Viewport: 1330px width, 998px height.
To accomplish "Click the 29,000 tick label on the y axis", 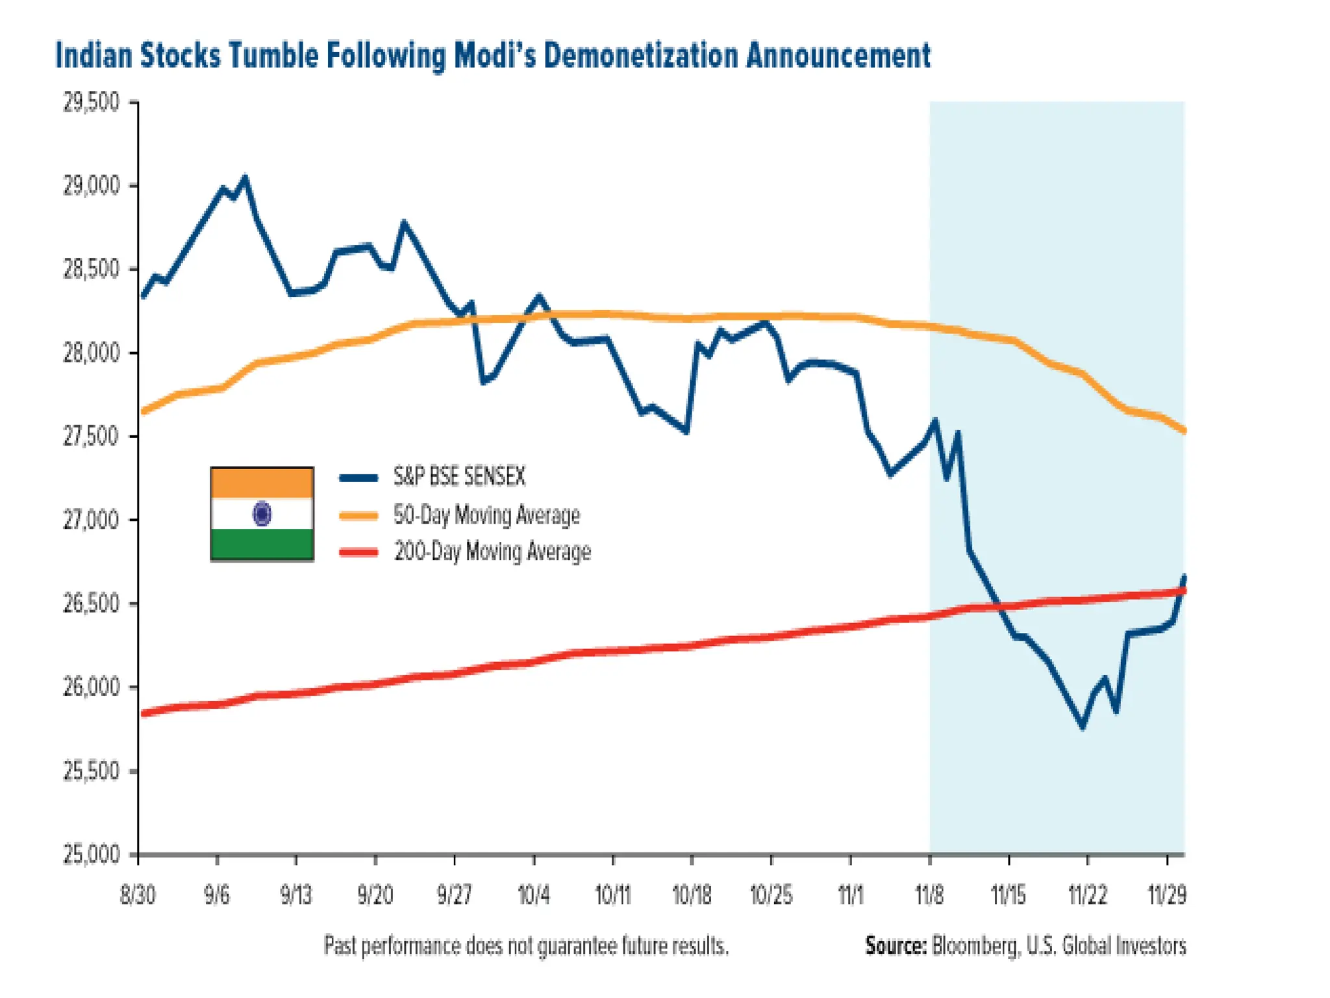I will tap(92, 186).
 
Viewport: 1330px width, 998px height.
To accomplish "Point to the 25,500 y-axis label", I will tap(92, 771).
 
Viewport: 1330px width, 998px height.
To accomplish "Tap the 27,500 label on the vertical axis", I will tap(92, 437).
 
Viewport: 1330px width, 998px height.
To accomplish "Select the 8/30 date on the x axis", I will tap(138, 895).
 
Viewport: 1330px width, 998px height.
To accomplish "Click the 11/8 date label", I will tap(929, 895).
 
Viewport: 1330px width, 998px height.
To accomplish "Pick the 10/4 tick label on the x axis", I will tap(533, 895).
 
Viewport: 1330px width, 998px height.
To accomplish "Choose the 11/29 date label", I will tap(1167, 895).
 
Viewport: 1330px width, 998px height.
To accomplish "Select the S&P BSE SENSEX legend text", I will tap(459, 477).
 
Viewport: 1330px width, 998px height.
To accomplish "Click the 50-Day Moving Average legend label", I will tap(486, 515).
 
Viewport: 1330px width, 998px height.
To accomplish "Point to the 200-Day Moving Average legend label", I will tap(492, 552).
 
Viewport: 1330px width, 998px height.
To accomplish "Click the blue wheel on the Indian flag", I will tap(262, 514).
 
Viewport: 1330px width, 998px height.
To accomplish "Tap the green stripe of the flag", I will tap(262, 544).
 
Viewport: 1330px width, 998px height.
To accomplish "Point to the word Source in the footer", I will tap(895, 945).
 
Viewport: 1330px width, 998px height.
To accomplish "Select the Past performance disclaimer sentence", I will tap(526, 945).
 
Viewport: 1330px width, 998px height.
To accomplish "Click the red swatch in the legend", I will tap(358, 552).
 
